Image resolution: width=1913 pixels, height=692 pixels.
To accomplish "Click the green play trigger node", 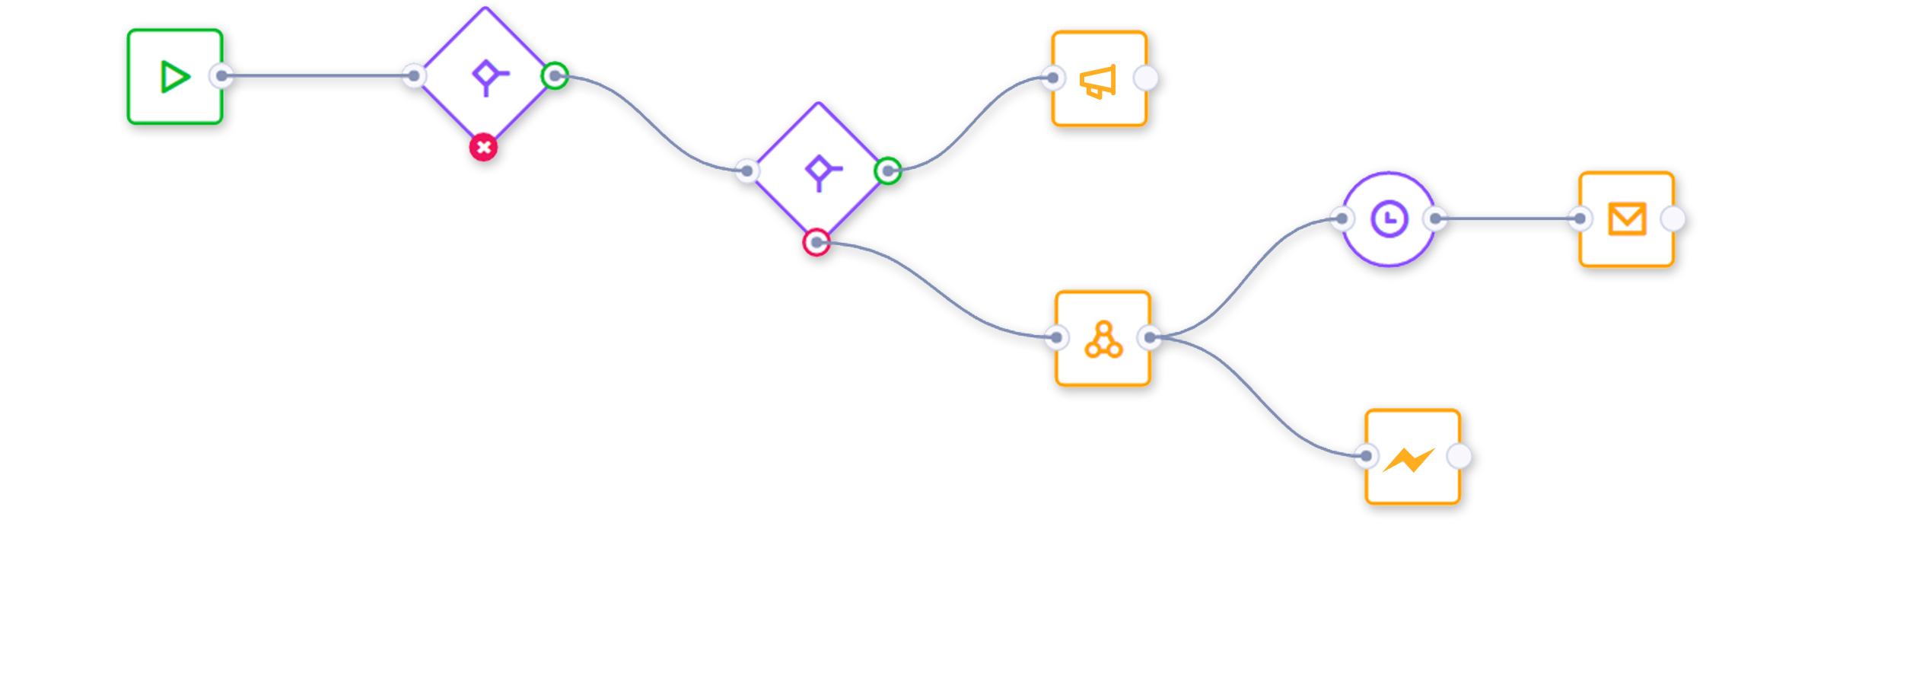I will (175, 77).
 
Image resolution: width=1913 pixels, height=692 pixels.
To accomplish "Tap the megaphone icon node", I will (1099, 79).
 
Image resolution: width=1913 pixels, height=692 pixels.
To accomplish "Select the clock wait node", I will (1389, 219).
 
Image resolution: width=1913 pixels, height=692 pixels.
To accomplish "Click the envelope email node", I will (1627, 219).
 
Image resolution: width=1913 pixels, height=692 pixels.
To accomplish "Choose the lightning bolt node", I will (1412, 458).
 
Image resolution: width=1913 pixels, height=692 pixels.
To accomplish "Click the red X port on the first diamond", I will (483, 147).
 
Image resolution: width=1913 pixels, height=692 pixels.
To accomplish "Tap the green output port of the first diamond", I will (555, 75).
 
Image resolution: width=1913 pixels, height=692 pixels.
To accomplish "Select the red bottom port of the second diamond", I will (816, 242).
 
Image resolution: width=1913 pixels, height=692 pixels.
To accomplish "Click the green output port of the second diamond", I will (888, 171).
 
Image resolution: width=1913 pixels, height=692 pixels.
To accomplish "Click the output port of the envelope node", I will (1673, 219).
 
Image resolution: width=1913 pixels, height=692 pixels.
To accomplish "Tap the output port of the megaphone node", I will (1146, 78).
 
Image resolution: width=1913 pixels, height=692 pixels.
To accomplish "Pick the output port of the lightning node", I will (1459, 457).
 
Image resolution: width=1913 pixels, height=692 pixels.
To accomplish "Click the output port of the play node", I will (222, 75).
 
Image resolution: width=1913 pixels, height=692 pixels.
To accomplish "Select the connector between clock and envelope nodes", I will (1507, 219).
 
